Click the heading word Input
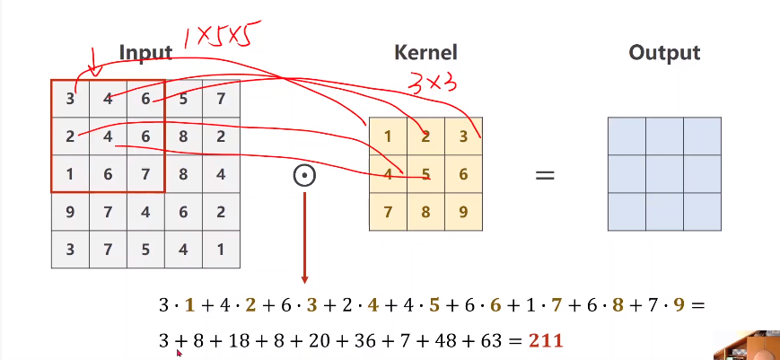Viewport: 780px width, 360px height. click(x=145, y=53)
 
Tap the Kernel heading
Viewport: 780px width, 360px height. click(x=425, y=53)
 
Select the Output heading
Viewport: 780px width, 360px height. click(x=664, y=53)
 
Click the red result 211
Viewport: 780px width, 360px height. click(x=546, y=341)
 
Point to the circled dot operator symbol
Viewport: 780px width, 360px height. click(x=304, y=175)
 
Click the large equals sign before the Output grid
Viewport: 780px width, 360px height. click(x=545, y=175)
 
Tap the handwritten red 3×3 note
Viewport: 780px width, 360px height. click(x=434, y=83)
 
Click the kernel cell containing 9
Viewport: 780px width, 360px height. click(x=463, y=213)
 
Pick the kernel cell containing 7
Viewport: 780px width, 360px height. click(x=388, y=213)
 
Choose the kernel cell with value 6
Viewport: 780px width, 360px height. click(x=463, y=174)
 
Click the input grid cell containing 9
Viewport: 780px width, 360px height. click(x=70, y=212)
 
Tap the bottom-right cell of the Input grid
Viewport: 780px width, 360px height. click(x=221, y=250)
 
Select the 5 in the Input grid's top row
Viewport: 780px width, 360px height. click(x=183, y=99)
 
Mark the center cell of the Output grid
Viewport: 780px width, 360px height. click(x=664, y=174)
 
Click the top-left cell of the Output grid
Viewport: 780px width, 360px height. click(x=627, y=136)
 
